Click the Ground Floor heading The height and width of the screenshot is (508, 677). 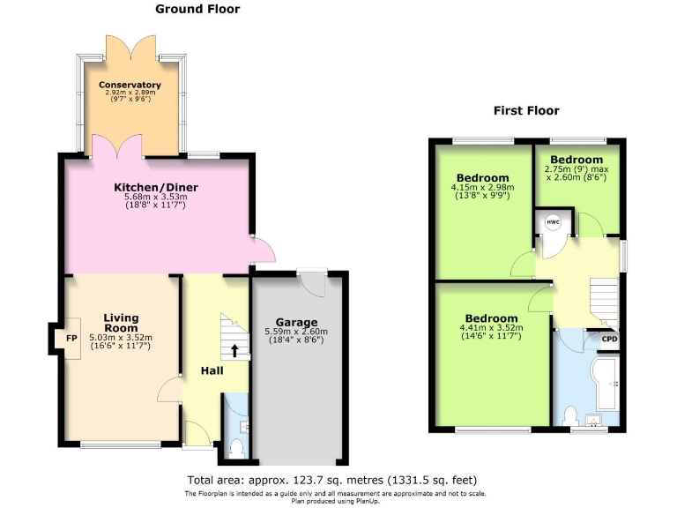pos(197,9)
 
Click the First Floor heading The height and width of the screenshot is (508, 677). pos(526,111)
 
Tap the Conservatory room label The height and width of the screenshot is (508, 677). pos(130,85)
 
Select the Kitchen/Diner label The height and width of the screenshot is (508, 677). pos(155,187)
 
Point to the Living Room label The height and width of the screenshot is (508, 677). pos(122,323)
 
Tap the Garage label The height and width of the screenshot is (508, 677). pos(295,322)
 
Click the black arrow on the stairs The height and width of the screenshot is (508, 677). pos(234,350)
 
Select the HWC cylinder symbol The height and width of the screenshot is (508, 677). pos(554,223)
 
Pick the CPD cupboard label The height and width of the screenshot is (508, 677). pos(609,339)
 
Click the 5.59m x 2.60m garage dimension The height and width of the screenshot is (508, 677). pos(295,332)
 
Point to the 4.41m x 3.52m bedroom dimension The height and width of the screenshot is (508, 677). pos(492,329)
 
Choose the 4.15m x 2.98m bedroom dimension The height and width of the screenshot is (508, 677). pos(482,188)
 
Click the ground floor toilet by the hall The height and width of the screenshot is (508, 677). pos(235,447)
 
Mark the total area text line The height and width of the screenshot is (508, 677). pos(332,480)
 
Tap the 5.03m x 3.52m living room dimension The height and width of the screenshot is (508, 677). pos(122,337)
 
